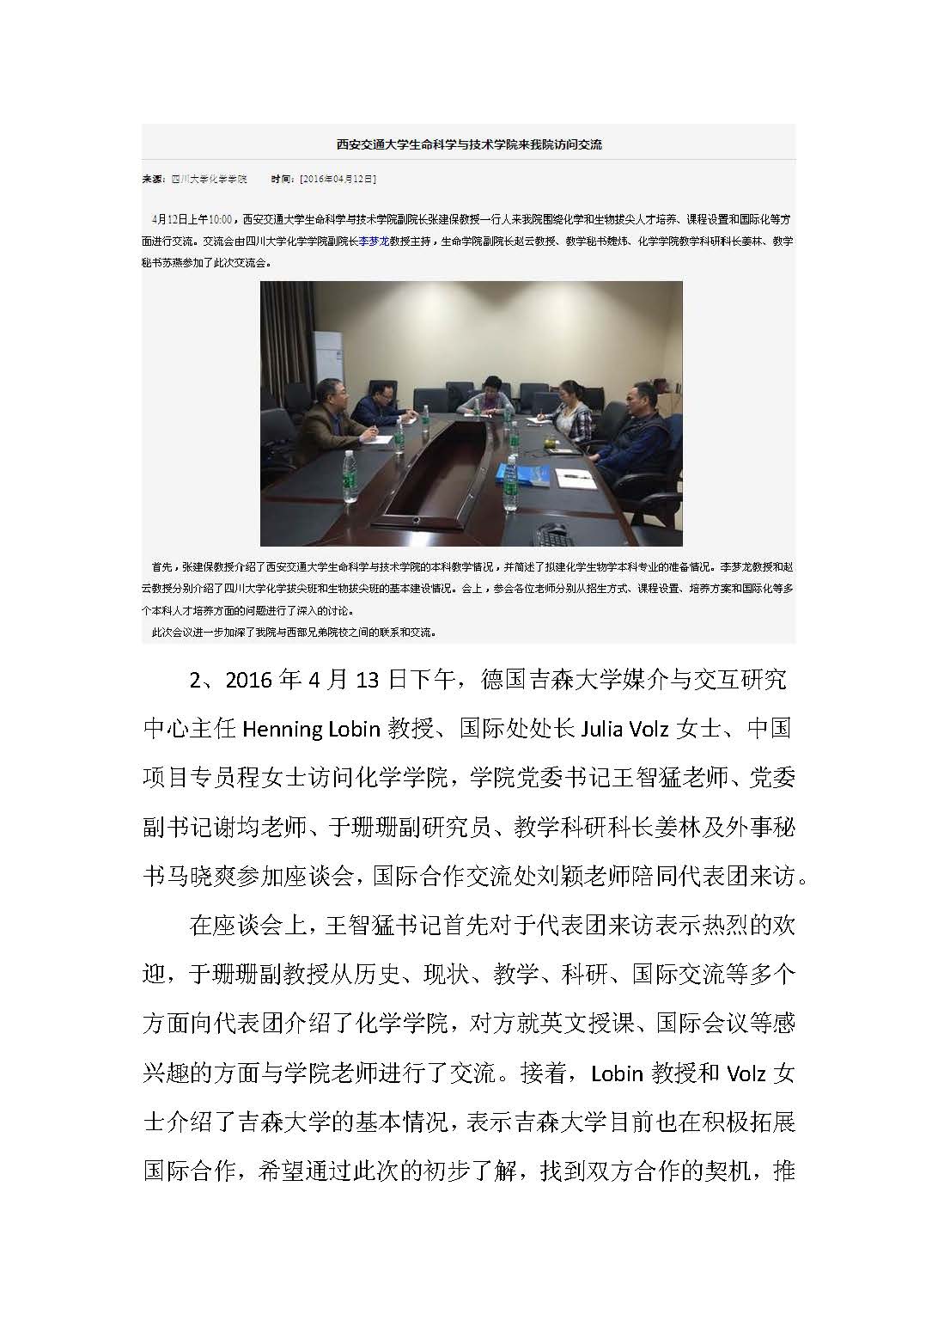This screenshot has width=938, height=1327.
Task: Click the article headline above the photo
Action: (468, 144)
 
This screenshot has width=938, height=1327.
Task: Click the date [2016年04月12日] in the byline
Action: (336, 180)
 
